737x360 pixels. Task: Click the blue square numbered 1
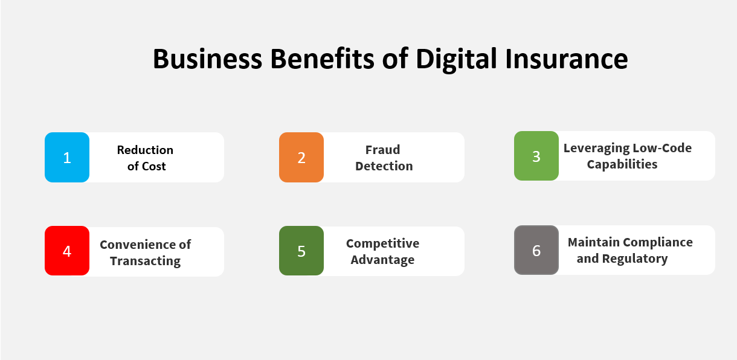click(67, 157)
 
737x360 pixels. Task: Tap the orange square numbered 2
click(301, 157)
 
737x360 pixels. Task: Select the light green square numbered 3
click(536, 156)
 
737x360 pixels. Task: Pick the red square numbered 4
click(67, 251)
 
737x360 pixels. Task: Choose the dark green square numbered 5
click(301, 251)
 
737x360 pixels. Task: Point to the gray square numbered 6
click(536, 250)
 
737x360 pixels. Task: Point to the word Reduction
click(145, 150)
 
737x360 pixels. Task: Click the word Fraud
click(382, 150)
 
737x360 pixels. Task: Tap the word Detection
click(384, 166)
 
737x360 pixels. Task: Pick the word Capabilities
click(622, 164)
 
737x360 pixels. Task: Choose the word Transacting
click(145, 261)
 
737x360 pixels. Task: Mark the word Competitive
click(382, 243)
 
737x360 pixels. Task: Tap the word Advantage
click(382, 260)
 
